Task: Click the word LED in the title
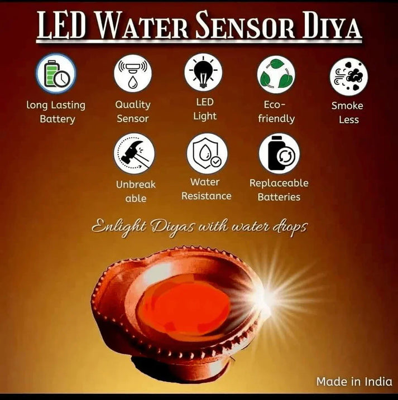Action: [59, 27]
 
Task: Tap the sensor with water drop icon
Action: [133, 74]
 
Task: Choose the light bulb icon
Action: [204, 72]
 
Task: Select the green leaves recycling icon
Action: [276, 75]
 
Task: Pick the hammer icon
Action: [135, 153]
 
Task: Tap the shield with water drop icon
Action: [207, 153]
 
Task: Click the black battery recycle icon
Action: [279, 153]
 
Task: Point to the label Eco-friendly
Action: [276, 112]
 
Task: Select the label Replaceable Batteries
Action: [279, 190]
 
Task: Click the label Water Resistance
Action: [206, 189]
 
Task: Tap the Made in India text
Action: [353, 382]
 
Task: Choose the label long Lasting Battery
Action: [56, 112]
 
